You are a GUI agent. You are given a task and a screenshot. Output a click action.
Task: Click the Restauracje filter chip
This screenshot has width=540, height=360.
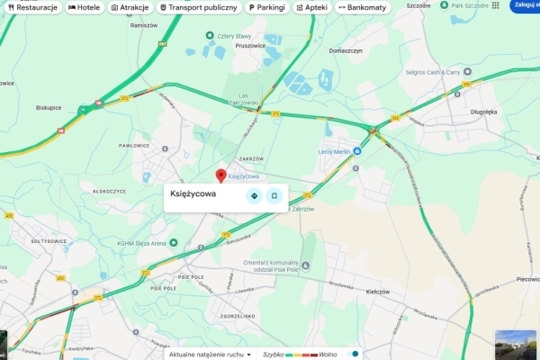pyautogui.click(x=32, y=7)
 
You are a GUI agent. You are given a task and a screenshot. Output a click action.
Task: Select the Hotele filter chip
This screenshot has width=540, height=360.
pyautogui.click(x=84, y=7)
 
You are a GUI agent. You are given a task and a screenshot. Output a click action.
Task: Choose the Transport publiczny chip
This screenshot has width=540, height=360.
pyautogui.click(x=199, y=7)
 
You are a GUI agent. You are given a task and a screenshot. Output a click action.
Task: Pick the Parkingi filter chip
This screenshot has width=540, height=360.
pyautogui.click(x=266, y=7)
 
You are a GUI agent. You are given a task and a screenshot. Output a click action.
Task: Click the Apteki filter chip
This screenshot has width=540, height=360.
pyautogui.click(x=311, y=7)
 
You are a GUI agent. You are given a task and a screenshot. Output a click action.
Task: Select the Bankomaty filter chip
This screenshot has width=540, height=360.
pyautogui.click(x=362, y=7)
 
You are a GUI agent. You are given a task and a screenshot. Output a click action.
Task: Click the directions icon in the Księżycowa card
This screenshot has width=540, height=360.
pyautogui.click(x=254, y=195)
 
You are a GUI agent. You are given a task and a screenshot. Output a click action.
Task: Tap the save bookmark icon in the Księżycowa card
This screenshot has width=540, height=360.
pyautogui.click(x=274, y=195)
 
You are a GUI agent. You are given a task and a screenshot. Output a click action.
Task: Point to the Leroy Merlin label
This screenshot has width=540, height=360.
pyautogui.click(x=335, y=152)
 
